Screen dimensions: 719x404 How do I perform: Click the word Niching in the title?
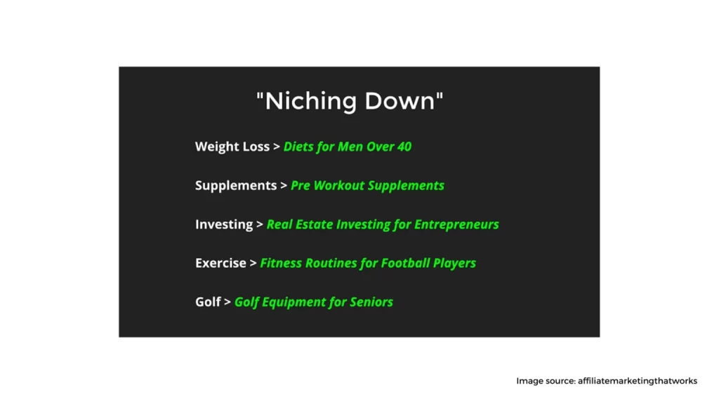311,101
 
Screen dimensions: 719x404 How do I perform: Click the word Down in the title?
400,101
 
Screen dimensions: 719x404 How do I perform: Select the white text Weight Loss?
232,147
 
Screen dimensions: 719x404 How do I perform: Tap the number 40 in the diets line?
404,147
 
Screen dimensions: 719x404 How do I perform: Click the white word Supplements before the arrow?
236,185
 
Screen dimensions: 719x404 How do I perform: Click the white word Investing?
224,224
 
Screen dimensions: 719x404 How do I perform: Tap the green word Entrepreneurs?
456,224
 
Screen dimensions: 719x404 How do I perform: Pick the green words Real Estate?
300,224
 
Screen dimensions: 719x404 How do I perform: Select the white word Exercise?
221,263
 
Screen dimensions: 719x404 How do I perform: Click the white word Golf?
208,302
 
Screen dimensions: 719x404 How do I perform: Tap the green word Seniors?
371,302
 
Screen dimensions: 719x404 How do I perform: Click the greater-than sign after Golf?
227,302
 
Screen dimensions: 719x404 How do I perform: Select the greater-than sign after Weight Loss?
277,147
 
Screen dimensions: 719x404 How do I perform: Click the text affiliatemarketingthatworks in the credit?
638,381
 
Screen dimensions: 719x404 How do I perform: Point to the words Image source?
546,381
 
